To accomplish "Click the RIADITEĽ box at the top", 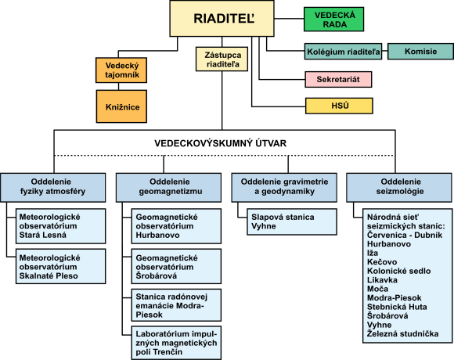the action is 222,19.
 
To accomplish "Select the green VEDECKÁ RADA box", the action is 333,20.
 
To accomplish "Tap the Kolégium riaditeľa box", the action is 343,52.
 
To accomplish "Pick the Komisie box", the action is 420,52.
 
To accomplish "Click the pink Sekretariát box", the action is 338,79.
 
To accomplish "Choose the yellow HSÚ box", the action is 339,106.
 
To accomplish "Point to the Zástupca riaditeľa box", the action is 222,59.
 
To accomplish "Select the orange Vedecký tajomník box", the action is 121,70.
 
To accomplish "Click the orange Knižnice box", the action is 121,106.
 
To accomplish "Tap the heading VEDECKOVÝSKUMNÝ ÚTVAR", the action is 220,143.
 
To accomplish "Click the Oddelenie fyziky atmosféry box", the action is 53,188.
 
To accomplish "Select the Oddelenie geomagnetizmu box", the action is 169,188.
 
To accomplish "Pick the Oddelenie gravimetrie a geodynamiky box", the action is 284,188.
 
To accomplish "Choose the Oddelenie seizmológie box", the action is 399,188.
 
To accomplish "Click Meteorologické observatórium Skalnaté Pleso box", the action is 61,266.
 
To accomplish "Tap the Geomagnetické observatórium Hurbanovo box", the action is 176,226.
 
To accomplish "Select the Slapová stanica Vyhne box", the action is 292,221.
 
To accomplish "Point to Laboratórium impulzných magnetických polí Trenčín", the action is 176,343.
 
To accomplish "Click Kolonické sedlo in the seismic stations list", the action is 398,271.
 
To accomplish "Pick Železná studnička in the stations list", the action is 403,333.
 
